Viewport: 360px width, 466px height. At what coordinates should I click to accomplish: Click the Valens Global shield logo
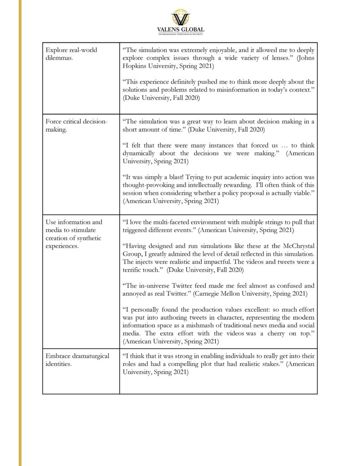[180, 17]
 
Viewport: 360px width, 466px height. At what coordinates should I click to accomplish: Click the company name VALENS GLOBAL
[180, 30]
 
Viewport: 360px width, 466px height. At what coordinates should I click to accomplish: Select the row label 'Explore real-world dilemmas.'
[71, 54]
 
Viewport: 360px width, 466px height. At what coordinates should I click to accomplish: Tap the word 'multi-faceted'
[161, 222]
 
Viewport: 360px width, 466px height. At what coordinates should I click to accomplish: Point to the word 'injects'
[145, 262]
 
